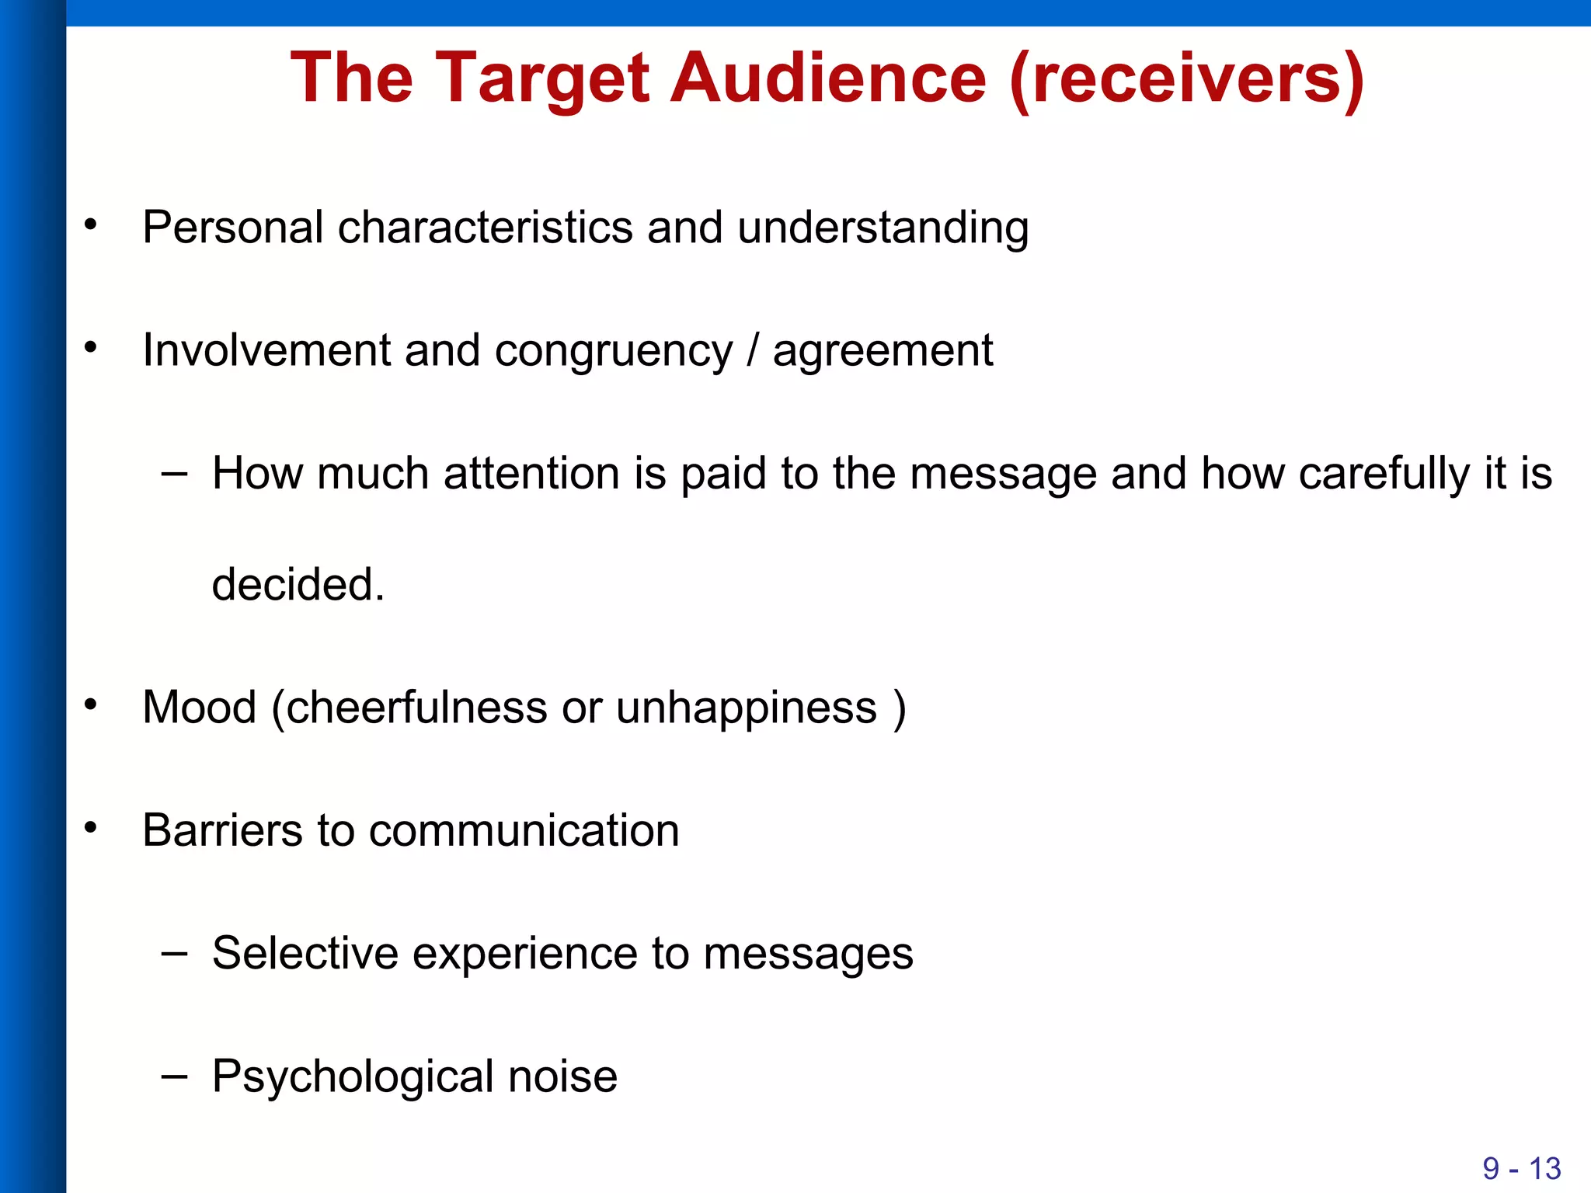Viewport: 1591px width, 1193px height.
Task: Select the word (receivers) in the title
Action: click(x=1186, y=79)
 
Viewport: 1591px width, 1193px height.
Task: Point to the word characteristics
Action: click(x=485, y=228)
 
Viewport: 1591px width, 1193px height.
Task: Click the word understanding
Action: click(x=883, y=229)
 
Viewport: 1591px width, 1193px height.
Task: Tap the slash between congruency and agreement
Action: click(x=752, y=350)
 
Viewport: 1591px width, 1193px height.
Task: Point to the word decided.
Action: click(x=298, y=584)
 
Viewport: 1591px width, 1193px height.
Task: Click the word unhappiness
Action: click(x=746, y=708)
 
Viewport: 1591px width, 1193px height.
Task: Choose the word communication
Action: click(x=524, y=830)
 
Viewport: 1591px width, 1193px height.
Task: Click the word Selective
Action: click(x=305, y=953)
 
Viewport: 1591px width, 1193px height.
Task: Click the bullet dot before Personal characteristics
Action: click(x=92, y=225)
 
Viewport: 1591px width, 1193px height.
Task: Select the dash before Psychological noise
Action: click(x=174, y=1076)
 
